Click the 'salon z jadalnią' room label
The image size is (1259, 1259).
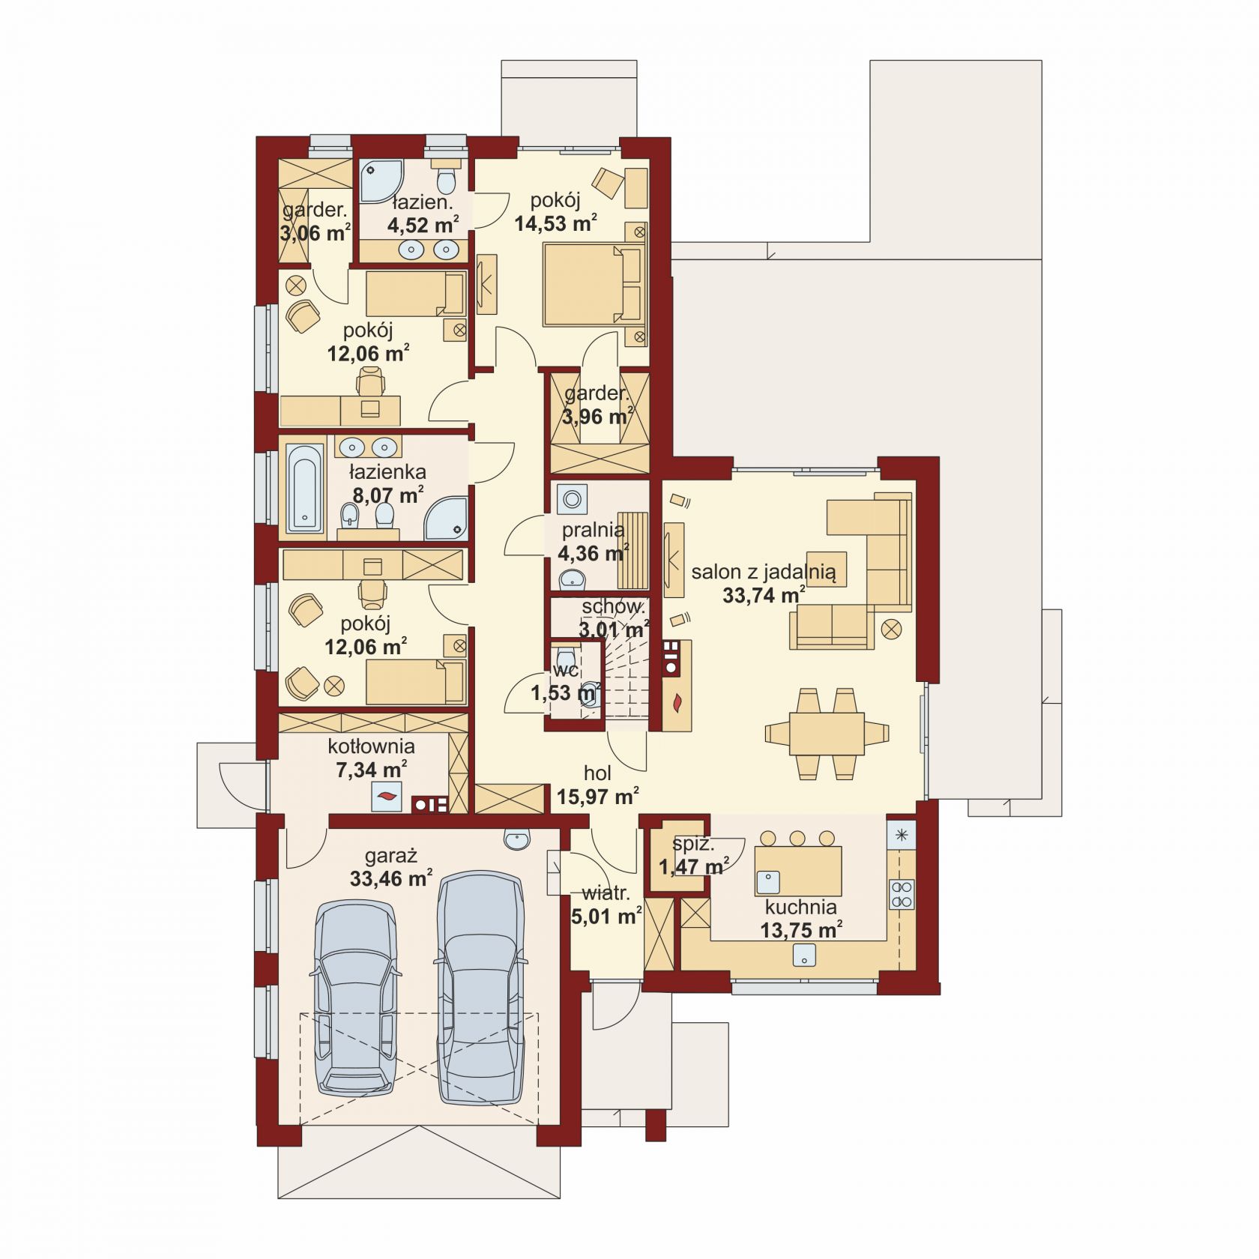coord(763,573)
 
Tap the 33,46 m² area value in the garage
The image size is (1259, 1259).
coord(390,878)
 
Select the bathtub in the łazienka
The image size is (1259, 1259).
coord(305,487)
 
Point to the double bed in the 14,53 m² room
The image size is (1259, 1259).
coord(594,285)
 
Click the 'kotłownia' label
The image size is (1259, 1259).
coord(371,746)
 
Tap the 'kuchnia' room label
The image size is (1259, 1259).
coord(800,907)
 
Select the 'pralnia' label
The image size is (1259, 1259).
coord(594,530)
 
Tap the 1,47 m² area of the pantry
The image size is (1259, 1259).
coord(693,867)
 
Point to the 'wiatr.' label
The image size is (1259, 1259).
coord(606,893)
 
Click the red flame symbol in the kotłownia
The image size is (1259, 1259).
coord(387,797)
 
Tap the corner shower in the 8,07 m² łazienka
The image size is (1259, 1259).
coord(446,517)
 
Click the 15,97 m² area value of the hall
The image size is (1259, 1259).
coord(597,796)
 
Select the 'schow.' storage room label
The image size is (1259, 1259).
coord(613,606)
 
